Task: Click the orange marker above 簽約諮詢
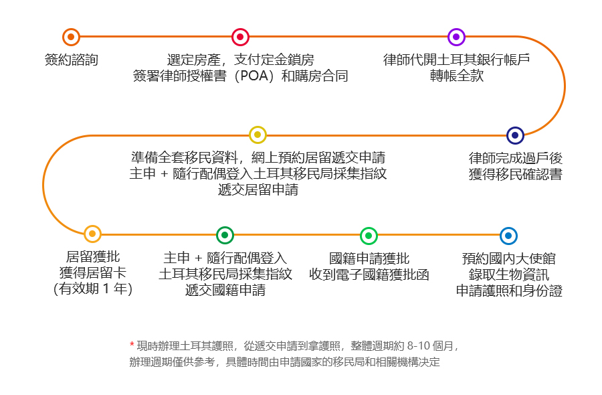point(71,37)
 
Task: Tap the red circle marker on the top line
point(240,37)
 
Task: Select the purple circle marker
point(456,37)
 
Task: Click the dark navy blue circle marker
point(515,135)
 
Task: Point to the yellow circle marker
point(258,135)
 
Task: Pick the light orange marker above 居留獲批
point(92,234)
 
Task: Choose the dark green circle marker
point(225,235)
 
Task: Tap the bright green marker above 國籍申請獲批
point(369,236)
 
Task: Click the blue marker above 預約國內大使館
point(508,236)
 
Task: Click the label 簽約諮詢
point(72,60)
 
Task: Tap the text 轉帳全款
point(456,76)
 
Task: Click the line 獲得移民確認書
point(515,175)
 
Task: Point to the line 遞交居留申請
point(258,190)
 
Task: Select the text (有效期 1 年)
point(93,289)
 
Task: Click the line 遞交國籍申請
point(225,290)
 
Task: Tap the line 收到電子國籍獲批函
point(369,274)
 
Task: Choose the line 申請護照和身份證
point(509,291)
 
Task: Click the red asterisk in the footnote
point(132,344)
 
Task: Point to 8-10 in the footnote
point(419,346)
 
